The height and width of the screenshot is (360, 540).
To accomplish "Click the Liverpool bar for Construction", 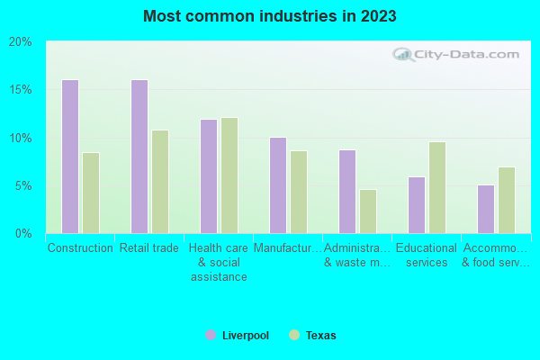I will click(x=69, y=157).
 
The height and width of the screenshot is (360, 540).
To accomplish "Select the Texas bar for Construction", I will click(x=91, y=193).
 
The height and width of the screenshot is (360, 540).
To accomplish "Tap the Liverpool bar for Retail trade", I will click(x=139, y=157).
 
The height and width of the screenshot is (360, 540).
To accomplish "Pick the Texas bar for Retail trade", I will click(x=160, y=182).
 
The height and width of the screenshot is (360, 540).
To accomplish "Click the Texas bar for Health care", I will click(x=229, y=175).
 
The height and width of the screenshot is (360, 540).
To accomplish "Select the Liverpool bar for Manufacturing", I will click(x=277, y=185).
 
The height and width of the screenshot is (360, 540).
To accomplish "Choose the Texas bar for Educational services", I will click(x=437, y=188).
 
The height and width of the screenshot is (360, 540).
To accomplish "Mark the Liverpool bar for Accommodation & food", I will click(x=485, y=209).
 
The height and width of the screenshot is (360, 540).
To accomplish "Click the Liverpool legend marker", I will click(x=210, y=335).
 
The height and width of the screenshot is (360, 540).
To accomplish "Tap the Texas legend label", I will click(x=320, y=336).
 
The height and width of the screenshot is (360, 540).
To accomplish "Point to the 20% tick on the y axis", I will click(x=21, y=41).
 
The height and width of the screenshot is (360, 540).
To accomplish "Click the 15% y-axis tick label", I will click(x=21, y=90).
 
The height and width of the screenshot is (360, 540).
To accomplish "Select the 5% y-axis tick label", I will click(x=23, y=186).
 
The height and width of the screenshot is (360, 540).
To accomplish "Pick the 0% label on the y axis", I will click(x=23, y=234).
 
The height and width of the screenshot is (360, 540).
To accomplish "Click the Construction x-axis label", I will click(x=80, y=248).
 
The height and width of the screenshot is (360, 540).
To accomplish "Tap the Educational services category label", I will click(x=427, y=256).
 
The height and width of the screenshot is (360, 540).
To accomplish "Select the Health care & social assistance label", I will click(x=219, y=262).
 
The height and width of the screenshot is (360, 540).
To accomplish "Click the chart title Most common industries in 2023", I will click(x=270, y=16).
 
